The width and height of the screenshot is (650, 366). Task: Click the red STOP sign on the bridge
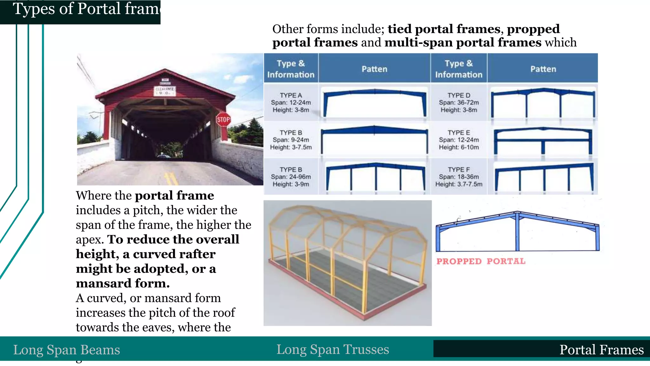(x=223, y=119)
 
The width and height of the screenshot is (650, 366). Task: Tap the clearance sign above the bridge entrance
(x=165, y=91)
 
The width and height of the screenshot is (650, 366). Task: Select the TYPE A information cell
(x=291, y=102)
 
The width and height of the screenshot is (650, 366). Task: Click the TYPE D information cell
(x=459, y=102)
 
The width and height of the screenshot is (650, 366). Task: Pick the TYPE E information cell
(x=459, y=140)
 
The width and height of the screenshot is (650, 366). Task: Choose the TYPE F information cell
(x=459, y=177)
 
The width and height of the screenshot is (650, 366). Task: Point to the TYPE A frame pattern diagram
(x=375, y=102)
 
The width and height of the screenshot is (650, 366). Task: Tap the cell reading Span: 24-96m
(x=291, y=177)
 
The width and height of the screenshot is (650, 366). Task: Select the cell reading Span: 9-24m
(x=291, y=140)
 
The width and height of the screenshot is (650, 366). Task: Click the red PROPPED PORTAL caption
(x=481, y=261)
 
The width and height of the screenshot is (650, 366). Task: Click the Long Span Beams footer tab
(x=67, y=350)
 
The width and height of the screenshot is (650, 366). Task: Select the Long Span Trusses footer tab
(x=333, y=349)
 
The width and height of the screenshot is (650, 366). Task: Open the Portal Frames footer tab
(x=601, y=350)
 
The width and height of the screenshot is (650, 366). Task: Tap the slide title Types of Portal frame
(x=86, y=9)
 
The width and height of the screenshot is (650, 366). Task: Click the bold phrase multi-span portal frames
(x=463, y=43)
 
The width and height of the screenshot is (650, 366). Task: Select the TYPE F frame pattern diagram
(x=543, y=177)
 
